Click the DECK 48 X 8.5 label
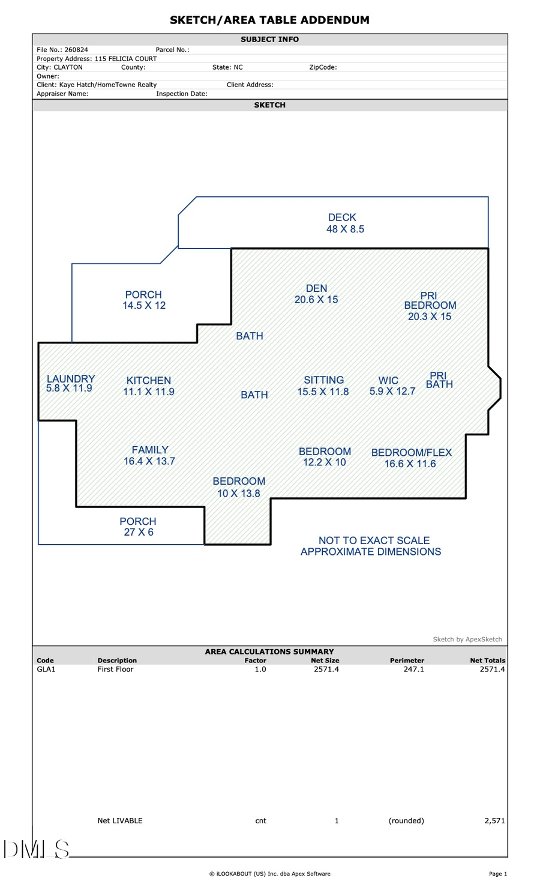coord(344,223)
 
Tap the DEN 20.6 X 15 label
coord(316,294)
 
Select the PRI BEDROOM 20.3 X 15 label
coord(430,306)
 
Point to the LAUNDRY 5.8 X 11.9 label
coord(70,383)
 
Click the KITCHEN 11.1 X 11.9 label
coord(149,386)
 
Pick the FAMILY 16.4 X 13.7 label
coord(149,455)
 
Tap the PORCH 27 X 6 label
coord(138,527)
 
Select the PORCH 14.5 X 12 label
coord(143,300)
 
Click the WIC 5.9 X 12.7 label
coord(392,386)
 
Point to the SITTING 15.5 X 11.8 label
coord(323,386)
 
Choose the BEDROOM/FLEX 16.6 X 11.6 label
coord(411,458)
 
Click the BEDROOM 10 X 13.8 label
coord(239,487)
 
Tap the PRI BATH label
coord(439,380)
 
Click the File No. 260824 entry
coord(62,50)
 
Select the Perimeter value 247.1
coord(413,669)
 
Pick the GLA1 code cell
coord(46,669)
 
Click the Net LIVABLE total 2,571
coord(494,820)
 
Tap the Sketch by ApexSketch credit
coord(467,639)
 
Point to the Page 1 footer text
coord(497,874)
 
